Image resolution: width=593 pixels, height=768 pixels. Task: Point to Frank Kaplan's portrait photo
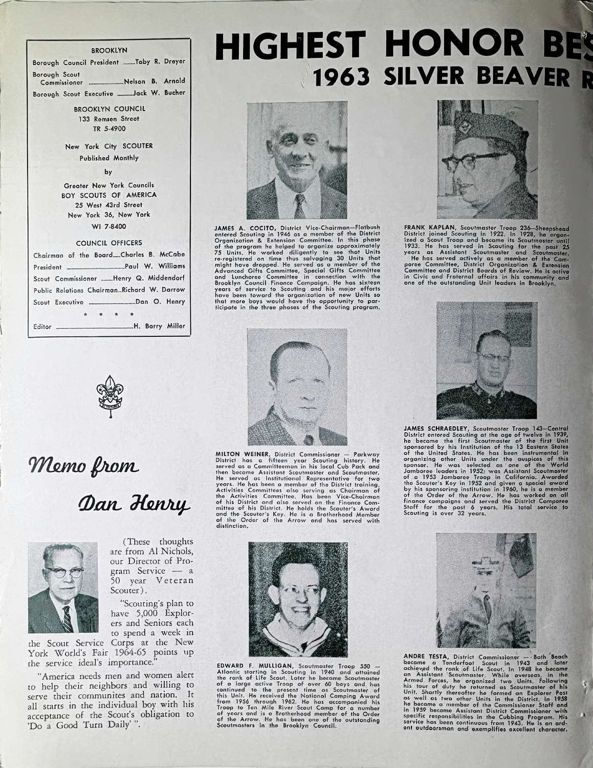point(487,159)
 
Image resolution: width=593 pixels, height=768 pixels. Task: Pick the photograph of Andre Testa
point(487,589)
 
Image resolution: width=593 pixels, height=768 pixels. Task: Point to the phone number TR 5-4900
point(109,129)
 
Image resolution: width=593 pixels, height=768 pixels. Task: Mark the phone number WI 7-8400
point(109,226)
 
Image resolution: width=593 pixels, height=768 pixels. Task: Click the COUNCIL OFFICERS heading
point(109,243)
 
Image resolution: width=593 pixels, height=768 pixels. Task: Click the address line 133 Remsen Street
point(109,119)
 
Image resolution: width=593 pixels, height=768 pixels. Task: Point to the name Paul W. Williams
point(155,267)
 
